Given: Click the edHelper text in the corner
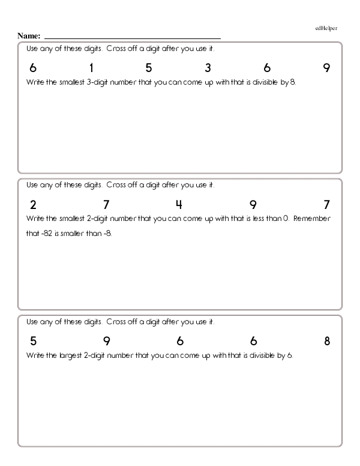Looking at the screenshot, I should click(325, 28).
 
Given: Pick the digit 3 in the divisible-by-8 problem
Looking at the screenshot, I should click(208, 68).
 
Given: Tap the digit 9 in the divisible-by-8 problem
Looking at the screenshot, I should click(326, 68).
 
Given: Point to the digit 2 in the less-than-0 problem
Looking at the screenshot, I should click(33, 205).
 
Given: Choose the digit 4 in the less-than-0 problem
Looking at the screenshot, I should click(179, 205).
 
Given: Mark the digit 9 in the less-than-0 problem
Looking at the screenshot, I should click(253, 205).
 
